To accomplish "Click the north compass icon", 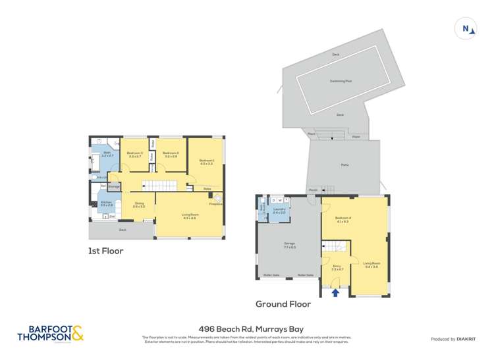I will pos(466,28).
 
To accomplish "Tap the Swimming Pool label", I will pos(341,81).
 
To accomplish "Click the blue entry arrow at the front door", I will pos(335,293).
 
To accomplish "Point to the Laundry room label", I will pos(279,211).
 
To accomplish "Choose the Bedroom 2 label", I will pos(171,153).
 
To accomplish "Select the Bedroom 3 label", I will pos(135,153).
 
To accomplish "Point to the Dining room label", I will pos(139,204).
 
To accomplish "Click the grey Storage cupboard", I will pos(114,187).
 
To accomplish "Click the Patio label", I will pos(344,165).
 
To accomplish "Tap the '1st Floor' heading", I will pos(105,251).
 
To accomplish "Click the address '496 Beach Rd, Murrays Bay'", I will pos(246,330).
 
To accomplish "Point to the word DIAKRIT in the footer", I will pos(467,339).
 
